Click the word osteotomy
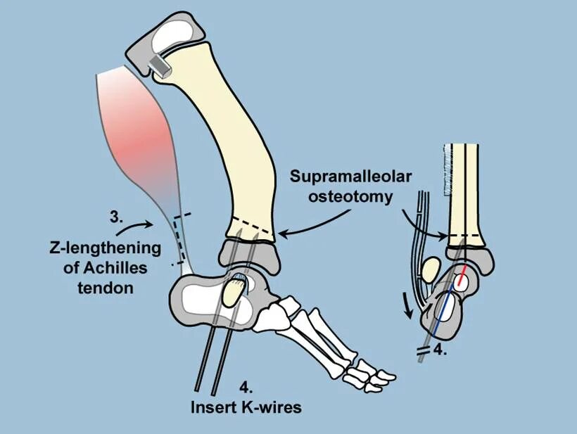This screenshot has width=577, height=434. point(350,196)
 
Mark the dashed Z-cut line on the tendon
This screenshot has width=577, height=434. point(179,239)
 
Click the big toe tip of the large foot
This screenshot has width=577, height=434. point(374,379)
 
